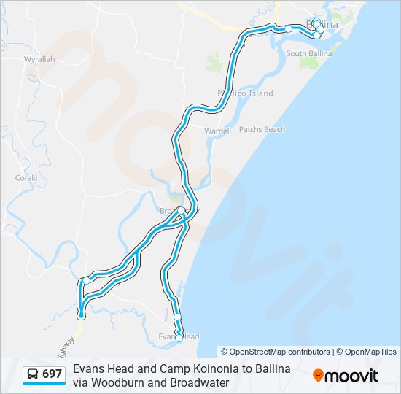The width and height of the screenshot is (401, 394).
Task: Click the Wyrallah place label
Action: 39,59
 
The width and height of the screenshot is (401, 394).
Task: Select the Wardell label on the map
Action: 217,131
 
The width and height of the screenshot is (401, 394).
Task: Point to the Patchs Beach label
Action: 262,130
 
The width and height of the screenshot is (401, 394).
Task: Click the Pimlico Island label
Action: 245,93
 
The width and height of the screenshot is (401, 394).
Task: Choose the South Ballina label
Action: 309,54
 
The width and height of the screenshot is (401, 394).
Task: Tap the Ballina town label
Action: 326,26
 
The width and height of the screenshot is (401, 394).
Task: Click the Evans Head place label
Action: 179,336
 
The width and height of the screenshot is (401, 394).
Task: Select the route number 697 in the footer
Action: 52,374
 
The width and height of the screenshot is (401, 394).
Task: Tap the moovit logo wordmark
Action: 351,376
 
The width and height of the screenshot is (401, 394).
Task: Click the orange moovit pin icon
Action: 318,376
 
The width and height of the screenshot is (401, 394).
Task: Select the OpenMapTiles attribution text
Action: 368,352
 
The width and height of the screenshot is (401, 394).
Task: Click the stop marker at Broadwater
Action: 181,210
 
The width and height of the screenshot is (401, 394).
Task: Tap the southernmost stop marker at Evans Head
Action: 179,338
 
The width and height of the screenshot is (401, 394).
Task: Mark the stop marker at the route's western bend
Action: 86,280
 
